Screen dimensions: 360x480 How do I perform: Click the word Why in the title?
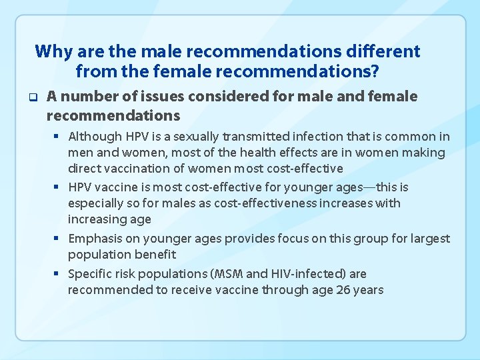[x=51, y=51]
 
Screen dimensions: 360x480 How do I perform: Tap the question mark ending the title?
[x=375, y=69]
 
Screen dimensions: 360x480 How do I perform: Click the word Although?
[x=95, y=137]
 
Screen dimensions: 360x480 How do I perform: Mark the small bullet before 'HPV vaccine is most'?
[x=59, y=187]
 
